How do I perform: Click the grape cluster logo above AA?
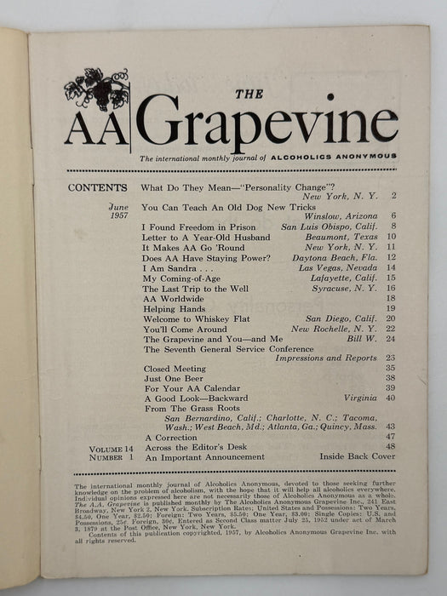point(96,88)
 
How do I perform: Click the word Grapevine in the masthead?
point(266,122)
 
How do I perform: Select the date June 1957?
point(118,212)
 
